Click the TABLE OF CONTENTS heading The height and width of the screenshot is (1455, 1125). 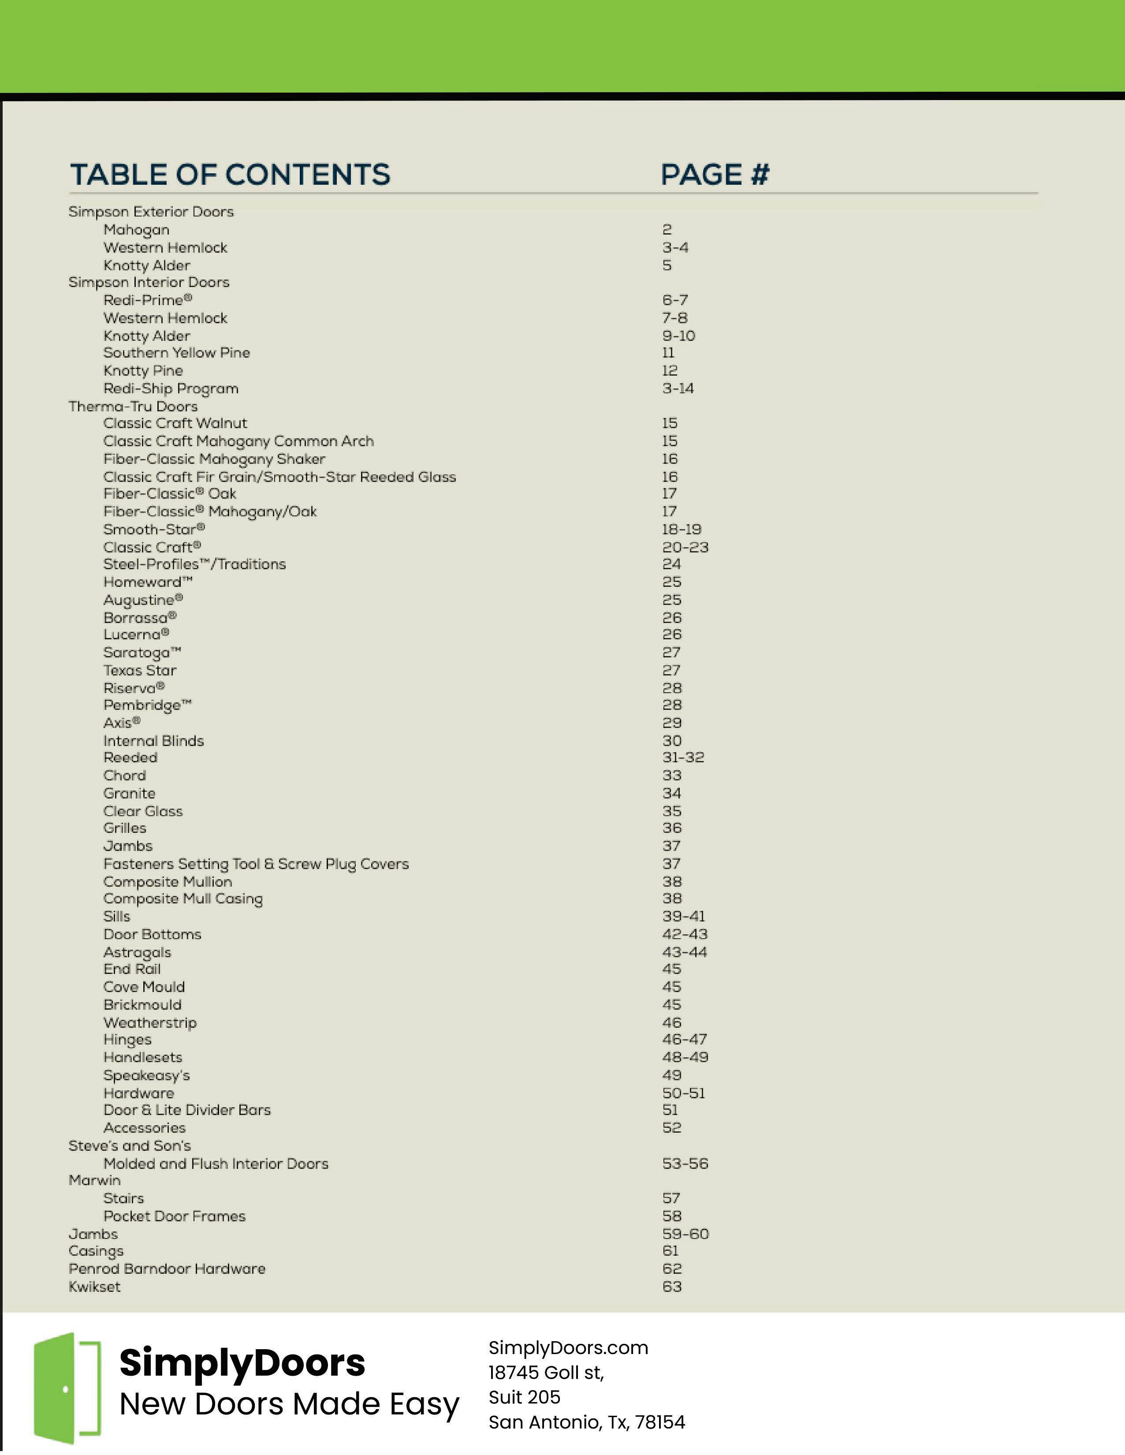[230, 175]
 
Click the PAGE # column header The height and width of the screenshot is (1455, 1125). [715, 175]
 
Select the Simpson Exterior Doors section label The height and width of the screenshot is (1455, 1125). [151, 212]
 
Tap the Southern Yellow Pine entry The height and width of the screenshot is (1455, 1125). [176, 353]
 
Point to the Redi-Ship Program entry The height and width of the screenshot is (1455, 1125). [171, 388]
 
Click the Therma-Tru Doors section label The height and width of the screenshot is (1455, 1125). [133, 407]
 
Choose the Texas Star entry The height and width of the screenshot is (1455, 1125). [140, 670]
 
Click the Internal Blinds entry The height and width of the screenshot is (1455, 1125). [153, 741]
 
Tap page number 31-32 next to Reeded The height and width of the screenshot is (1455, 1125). [683, 757]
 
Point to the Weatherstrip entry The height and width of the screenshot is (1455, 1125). [150, 1022]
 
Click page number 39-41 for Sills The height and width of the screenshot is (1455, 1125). [683, 917]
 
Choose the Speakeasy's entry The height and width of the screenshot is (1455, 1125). [146, 1075]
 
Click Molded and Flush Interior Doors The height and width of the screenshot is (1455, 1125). [216, 1164]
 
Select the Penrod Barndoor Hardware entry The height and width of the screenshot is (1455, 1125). [167, 1268]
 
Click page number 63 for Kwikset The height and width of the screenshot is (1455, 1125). [671, 1287]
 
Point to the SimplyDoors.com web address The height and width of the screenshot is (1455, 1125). [568, 1348]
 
